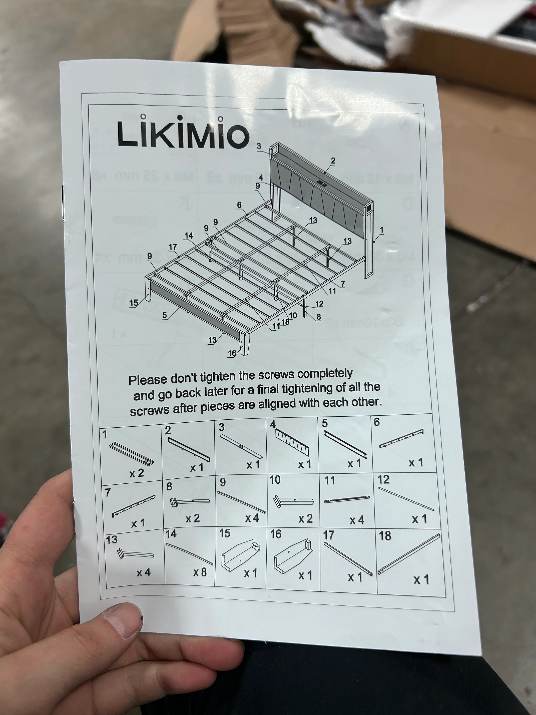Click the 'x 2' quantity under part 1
(137, 473)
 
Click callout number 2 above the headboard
(333, 161)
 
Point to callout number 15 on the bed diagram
(133, 303)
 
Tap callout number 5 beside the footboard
(165, 315)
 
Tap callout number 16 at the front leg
(232, 353)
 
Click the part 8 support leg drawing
(190, 502)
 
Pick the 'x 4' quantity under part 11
(357, 520)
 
